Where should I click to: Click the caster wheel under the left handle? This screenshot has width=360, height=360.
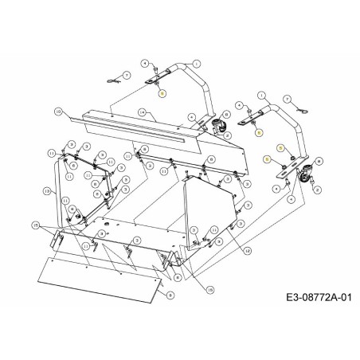click(217, 125)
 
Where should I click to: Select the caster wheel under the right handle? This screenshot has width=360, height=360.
click(303, 182)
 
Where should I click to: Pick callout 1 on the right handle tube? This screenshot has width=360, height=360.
click(260, 95)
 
